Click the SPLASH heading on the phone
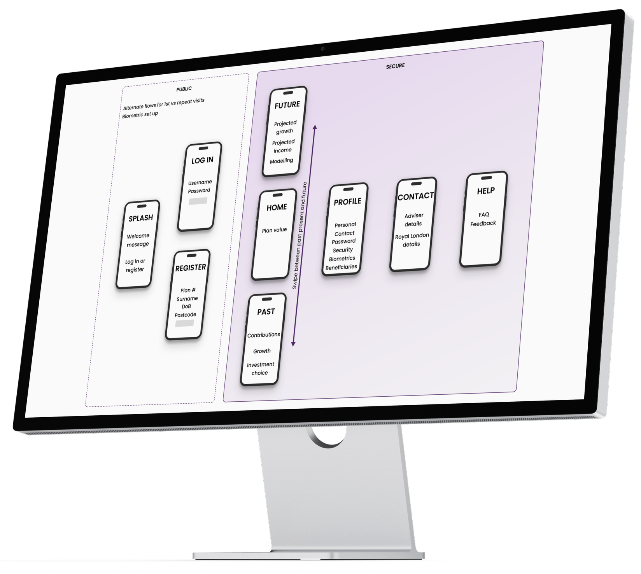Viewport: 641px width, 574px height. [140, 218]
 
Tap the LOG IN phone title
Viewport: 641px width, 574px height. [202, 160]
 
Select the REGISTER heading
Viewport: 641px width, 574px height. [190, 268]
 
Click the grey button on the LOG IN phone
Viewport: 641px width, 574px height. [198, 201]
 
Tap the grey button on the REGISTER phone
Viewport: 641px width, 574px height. [184, 323]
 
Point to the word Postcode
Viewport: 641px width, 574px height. [185, 315]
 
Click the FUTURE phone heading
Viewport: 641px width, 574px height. [287, 105]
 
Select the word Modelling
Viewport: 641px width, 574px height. [281, 161]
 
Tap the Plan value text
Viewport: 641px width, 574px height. [274, 230]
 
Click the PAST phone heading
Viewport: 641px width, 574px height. [266, 312]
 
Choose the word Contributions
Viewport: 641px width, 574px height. [264, 335]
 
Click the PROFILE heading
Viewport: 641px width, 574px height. [347, 201]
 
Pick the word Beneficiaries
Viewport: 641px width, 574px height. [341, 267]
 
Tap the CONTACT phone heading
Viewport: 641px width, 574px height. [415, 196]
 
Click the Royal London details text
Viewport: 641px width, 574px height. [412, 240]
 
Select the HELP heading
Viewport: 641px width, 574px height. [486, 191]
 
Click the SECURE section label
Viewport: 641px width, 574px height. [395, 66]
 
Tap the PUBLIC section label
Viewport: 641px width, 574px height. [184, 89]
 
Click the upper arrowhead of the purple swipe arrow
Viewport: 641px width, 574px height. [315, 127]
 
